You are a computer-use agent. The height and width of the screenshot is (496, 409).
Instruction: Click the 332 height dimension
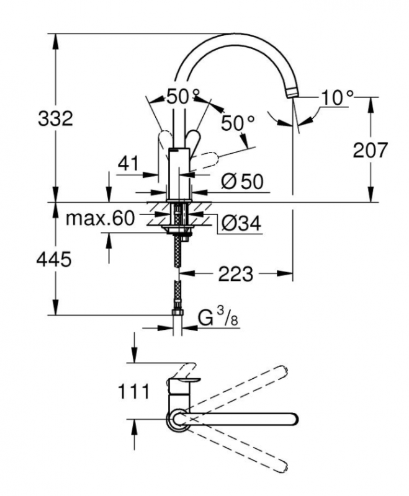[x=55, y=119]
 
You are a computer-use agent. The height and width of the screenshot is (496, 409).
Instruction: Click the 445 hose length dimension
[x=54, y=260]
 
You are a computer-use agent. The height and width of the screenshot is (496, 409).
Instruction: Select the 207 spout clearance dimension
[x=370, y=150]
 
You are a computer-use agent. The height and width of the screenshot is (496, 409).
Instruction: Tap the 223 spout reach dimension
[x=236, y=273]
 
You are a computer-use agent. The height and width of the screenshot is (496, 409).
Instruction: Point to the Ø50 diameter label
[x=242, y=182]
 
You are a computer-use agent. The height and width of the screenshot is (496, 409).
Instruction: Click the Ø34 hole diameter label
[x=241, y=224]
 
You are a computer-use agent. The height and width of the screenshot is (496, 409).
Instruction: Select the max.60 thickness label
[x=100, y=218]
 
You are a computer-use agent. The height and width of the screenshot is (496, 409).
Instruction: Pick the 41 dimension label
[x=128, y=164]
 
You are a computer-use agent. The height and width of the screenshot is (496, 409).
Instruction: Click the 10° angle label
[x=337, y=98]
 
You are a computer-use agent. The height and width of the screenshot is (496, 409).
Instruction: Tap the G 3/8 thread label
[x=218, y=317]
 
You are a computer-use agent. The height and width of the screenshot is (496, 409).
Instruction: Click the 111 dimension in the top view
[x=133, y=392]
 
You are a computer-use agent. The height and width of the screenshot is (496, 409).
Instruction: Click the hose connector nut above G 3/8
[x=178, y=312]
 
